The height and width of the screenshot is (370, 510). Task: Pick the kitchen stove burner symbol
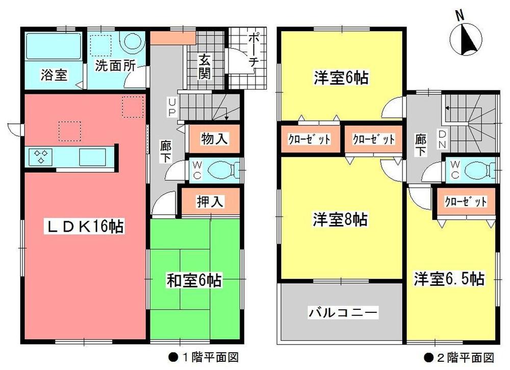pyautogui.click(x=40, y=156)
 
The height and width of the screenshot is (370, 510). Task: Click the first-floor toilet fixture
pyautogui.click(x=220, y=169)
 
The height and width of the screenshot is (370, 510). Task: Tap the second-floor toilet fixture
pyautogui.click(x=476, y=169)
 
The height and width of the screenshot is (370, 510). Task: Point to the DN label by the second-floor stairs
pyautogui.click(x=442, y=139)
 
